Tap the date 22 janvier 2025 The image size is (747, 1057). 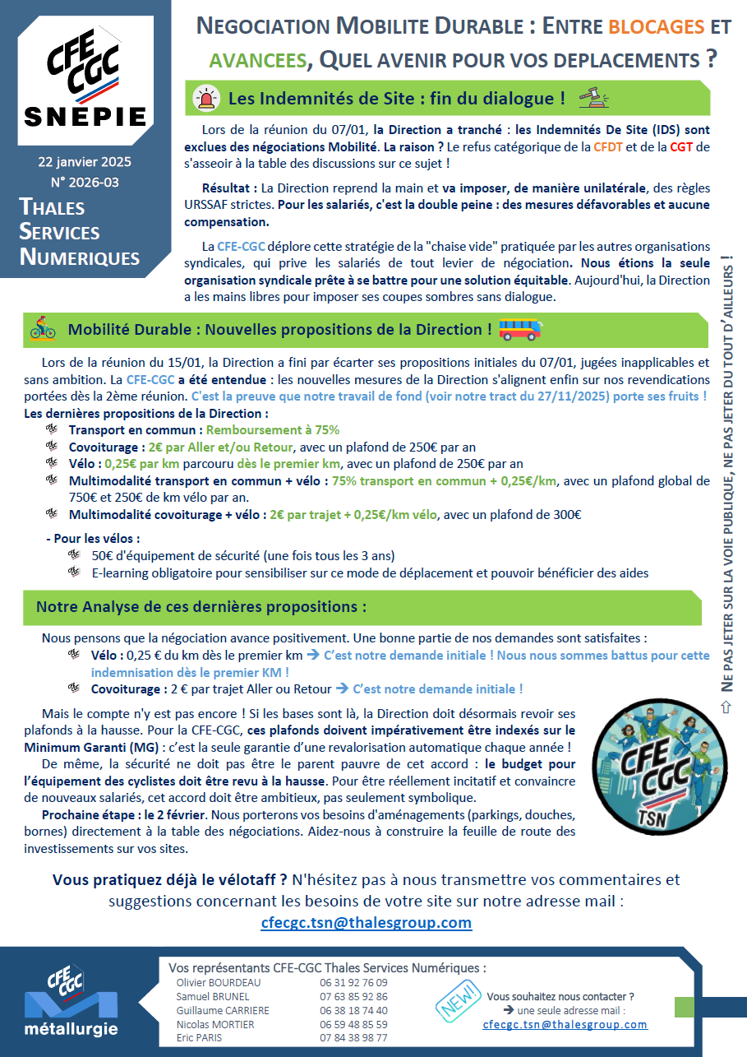click(85, 161)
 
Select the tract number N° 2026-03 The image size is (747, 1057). click(85, 181)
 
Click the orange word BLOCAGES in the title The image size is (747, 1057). click(656, 26)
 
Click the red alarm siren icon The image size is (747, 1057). click(204, 99)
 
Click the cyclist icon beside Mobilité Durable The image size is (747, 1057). click(42, 328)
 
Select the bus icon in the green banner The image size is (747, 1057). click(521, 329)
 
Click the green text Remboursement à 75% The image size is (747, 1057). click(272, 429)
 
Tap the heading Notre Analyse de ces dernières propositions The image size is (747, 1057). click(201, 607)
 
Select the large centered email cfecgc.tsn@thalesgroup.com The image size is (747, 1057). click(367, 922)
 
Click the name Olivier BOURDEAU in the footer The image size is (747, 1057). click(218, 982)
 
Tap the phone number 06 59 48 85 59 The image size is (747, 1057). click(353, 1024)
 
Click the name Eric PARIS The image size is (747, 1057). click(199, 1038)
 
